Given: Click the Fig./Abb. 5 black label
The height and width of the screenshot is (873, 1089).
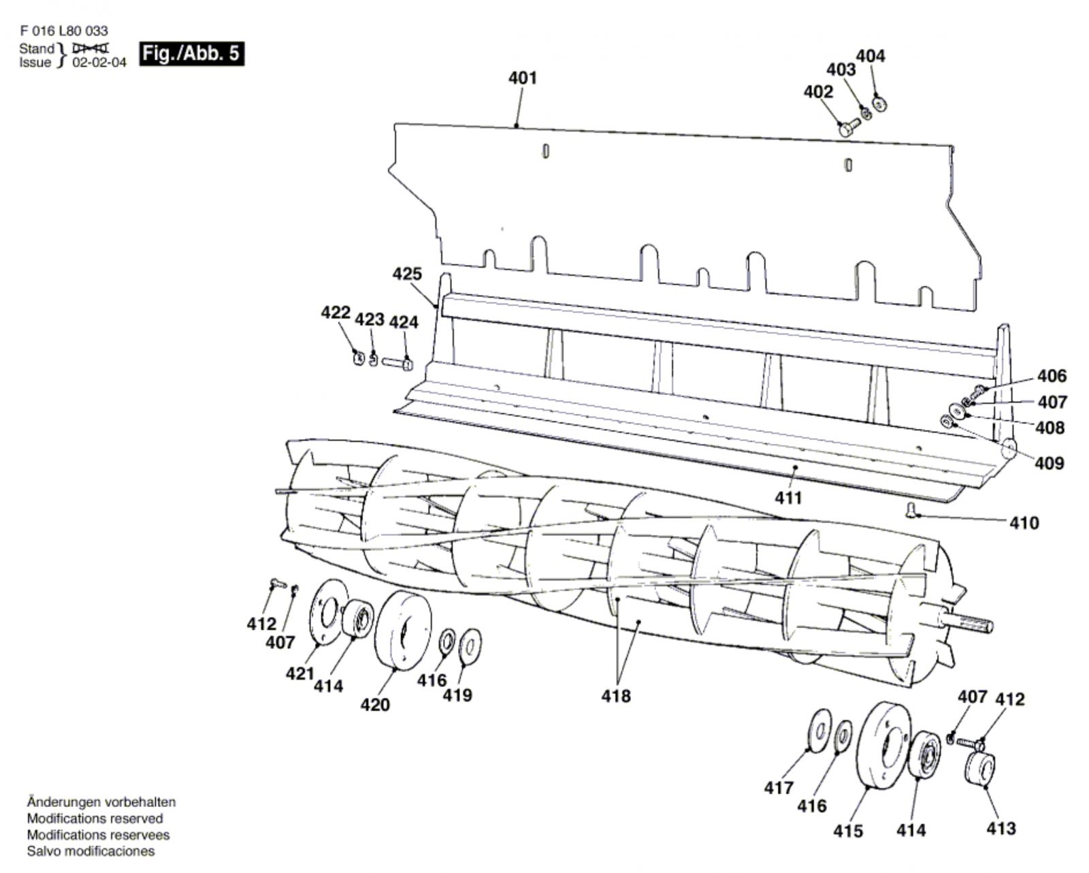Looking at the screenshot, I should click(191, 53).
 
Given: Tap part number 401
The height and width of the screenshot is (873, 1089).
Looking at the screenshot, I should click(522, 78).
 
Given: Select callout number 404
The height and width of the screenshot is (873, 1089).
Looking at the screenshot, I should click(870, 56).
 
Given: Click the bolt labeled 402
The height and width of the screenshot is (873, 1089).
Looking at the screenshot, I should click(849, 127).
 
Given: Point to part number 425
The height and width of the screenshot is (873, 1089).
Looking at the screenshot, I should click(407, 274).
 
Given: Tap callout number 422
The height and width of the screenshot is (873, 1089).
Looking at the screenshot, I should click(336, 313).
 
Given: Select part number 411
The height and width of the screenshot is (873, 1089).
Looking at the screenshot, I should click(788, 498).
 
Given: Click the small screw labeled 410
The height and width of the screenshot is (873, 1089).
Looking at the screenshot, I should click(911, 509).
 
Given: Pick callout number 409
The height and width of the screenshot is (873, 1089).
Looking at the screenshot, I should click(1049, 463).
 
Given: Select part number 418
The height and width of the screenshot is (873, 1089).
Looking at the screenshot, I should click(615, 696).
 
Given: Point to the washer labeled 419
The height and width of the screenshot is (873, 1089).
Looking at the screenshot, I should click(470, 644).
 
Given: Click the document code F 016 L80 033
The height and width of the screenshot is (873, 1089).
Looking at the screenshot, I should click(63, 31).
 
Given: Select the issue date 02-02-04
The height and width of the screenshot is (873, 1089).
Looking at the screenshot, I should click(99, 63).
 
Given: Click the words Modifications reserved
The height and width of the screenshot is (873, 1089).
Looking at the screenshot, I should click(95, 819).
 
